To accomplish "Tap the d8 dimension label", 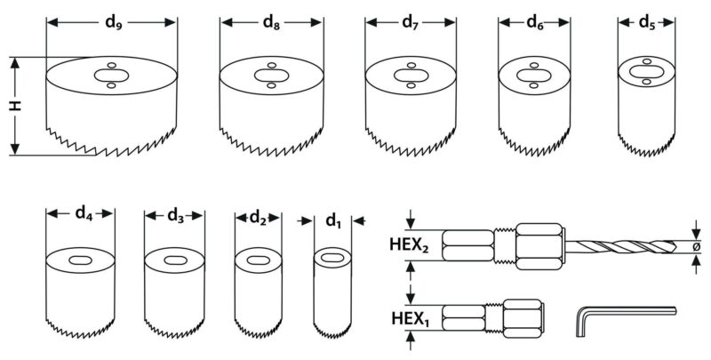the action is point(271,23).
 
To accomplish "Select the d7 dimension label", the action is point(411,23).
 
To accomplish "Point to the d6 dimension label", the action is point(535,23).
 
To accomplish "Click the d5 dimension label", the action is point(647,23).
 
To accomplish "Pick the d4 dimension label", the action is point(84,212).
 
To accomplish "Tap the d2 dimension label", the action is point(258,218).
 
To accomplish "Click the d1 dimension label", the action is point(332,220).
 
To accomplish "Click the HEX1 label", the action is point(411,319).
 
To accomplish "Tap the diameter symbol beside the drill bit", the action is point(697,246).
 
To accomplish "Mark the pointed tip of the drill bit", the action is point(675,246).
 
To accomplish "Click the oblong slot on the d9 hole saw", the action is point(112,76).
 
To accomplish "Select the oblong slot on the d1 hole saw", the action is point(332,257).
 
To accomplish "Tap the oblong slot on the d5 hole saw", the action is point(647,72).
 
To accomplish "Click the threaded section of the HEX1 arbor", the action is point(494,317).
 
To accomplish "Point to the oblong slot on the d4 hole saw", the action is point(80,260).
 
